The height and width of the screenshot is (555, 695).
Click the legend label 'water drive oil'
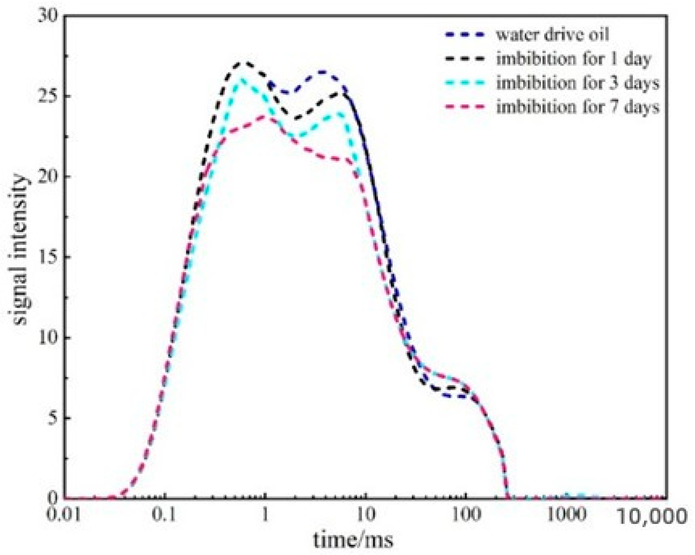[552, 35]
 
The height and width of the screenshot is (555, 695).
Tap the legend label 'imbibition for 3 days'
[577, 83]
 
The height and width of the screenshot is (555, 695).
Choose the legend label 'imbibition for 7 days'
[577, 107]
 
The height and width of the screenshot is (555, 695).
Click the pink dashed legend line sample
[465, 107]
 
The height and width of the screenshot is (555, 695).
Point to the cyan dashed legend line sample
[465, 83]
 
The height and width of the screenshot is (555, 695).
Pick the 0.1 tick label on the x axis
[164, 515]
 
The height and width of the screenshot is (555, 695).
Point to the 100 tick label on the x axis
[466, 515]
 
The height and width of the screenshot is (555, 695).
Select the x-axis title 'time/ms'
[353, 540]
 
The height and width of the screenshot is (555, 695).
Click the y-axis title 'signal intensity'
[20, 250]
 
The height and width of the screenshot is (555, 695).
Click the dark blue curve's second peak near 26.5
[322, 72]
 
